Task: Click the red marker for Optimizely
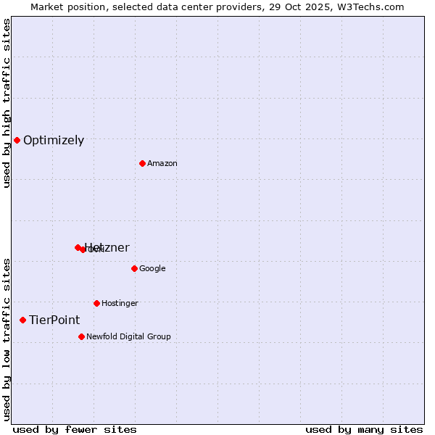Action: point(17,140)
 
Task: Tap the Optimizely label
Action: point(54,141)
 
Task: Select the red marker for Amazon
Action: point(142,163)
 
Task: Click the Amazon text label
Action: point(162,164)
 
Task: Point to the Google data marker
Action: point(134,268)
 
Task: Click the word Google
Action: point(152,269)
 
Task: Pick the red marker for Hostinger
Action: point(96,303)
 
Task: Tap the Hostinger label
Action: point(120,304)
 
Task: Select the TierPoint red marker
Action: point(22,320)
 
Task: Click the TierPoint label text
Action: point(54,320)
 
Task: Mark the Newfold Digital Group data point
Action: point(81,336)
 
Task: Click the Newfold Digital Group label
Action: point(128,337)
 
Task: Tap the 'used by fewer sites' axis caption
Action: point(75,429)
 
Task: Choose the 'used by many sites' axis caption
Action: point(364,429)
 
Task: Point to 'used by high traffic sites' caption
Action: point(7,103)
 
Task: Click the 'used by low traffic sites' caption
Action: point(7,339)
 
